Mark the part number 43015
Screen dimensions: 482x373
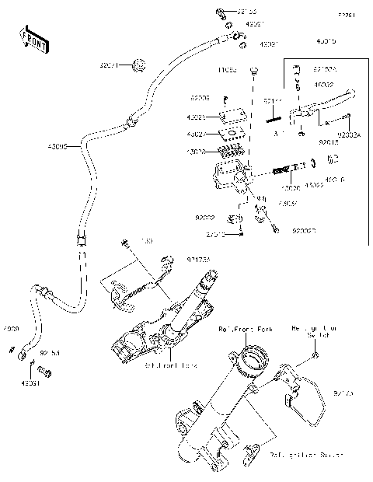327,40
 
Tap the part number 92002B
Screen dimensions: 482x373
305,231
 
